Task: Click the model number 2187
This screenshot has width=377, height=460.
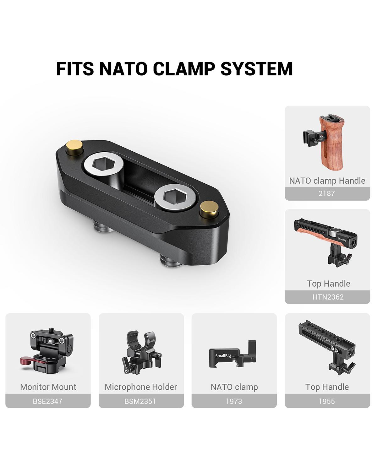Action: coord(327,193)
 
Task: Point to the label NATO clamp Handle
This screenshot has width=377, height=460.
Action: coord(327,181)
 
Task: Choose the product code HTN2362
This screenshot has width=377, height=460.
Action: coord(328,297)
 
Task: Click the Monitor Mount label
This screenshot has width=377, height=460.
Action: coord(48,387)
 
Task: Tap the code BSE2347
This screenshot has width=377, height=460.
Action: coord(48,401)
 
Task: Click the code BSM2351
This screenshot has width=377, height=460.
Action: coord(141,401)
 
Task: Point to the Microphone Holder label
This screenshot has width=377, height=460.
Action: coord(141,387)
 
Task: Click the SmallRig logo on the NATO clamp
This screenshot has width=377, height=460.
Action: coord(222,355)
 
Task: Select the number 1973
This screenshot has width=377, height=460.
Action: coord(234,401)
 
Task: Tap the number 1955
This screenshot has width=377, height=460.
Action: coord(327,401)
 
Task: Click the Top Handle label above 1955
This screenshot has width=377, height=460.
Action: coord(327,387)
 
